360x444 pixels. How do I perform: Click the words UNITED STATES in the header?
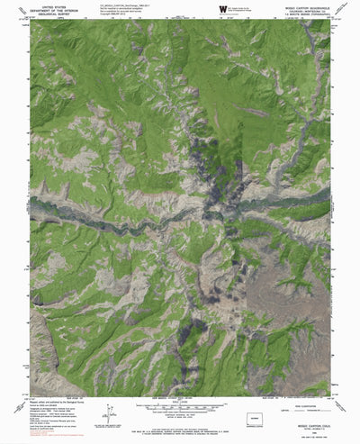tap(47, 5)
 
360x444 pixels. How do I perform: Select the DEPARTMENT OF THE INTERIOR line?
tap(47, 9)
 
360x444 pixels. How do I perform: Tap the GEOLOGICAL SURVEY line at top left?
tap(47, 14)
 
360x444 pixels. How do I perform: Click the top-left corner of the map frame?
tap(30, 20)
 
